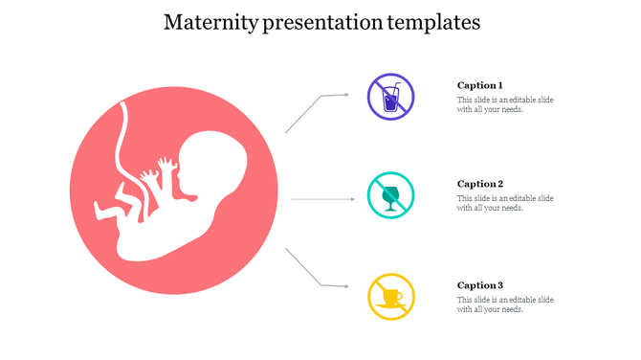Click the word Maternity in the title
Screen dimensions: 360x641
204,22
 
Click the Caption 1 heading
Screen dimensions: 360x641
479,85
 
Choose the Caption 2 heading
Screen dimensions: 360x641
479,184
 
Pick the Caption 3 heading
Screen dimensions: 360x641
479,285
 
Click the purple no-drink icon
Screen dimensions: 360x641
391,97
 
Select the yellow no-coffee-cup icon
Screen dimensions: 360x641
391,297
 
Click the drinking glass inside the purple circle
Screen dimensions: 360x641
389,101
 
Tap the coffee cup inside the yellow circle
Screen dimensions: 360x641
389,299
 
